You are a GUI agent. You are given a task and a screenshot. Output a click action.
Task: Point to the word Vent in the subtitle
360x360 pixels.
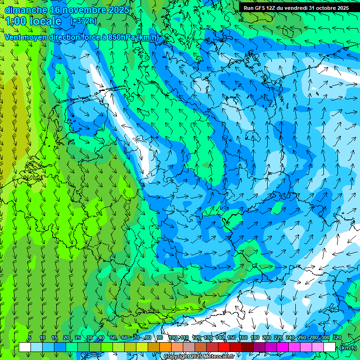click(14, 37)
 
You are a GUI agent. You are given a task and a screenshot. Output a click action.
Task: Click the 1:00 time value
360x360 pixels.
click(15, 21)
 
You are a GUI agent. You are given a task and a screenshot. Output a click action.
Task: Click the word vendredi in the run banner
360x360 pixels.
click(294, 8)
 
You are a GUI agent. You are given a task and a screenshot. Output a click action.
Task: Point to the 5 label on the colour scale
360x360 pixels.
click(30, 338)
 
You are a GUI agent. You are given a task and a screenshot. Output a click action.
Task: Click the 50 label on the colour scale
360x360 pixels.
click(113, 338)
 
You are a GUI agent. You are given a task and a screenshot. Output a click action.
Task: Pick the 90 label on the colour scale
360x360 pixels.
click(160, 338)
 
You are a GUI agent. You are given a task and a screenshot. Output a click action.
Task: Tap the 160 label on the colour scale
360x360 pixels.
click(243, 338)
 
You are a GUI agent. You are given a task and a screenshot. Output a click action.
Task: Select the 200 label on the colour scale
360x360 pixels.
click(267, 338)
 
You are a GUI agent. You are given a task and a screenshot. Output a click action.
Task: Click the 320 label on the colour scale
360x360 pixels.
click(337, 338)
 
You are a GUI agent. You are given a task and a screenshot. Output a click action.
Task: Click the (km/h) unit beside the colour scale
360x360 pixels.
click(348, 348)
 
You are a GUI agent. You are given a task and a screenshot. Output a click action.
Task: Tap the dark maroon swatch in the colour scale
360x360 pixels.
click(247, 347)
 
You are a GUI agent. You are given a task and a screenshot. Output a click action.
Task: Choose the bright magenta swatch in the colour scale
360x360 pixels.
click(282, 347)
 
